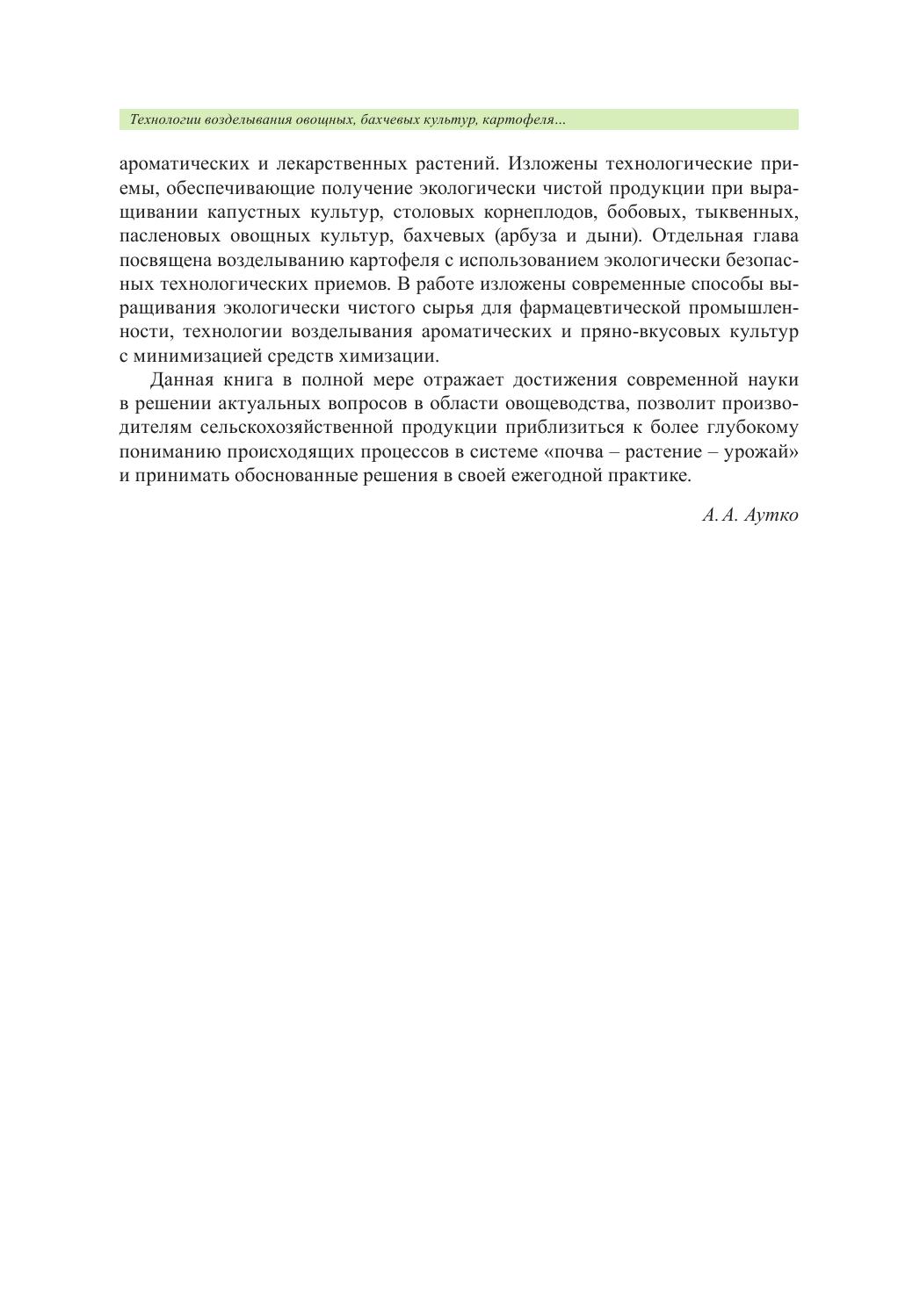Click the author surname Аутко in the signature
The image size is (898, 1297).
pyautogui.click(x=771, y=515)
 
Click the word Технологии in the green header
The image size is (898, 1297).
pyautogui.click(x=164, y=119)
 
